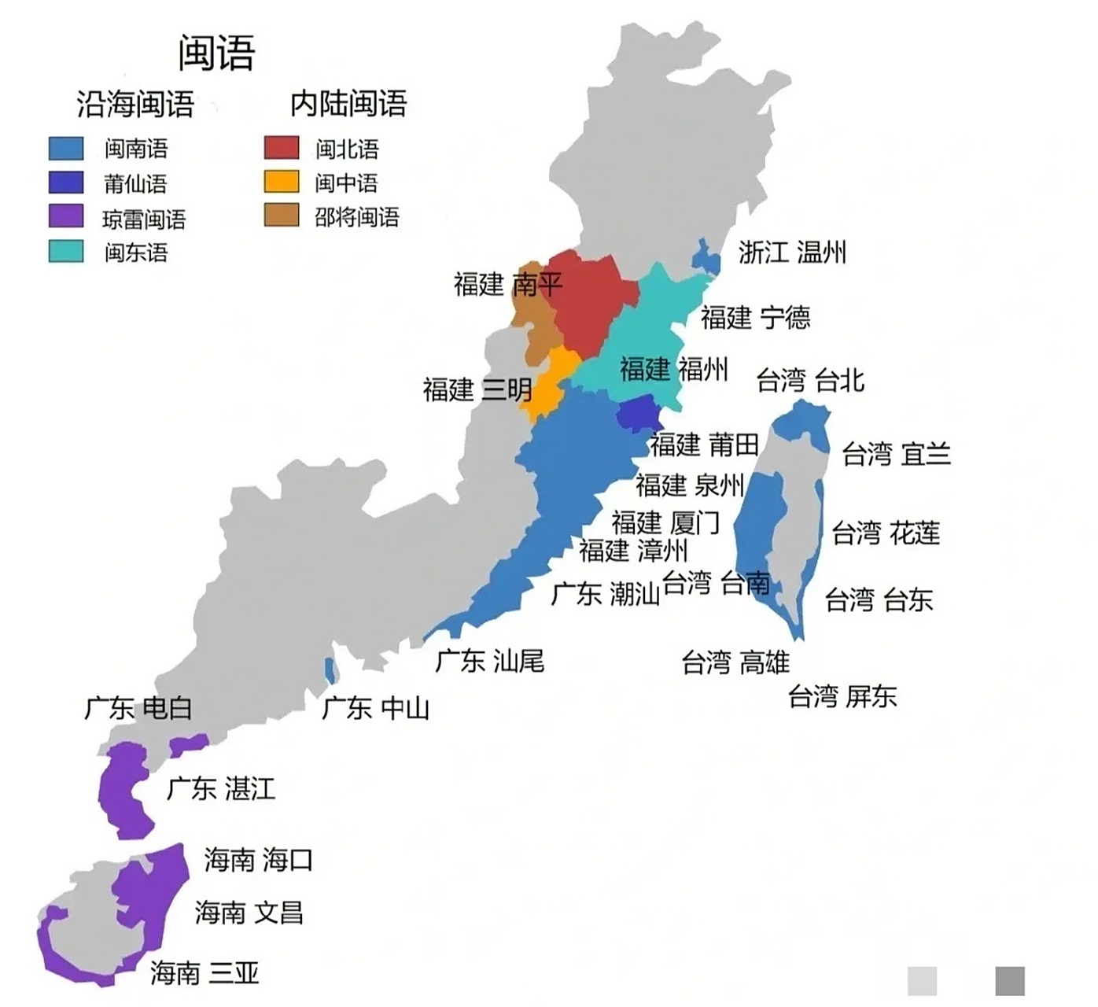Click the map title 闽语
[x=216, y=53]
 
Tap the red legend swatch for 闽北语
[x=281, y=148]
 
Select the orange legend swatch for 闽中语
[x=281, y=182]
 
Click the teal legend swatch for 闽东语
[x=66, y=251]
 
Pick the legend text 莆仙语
[x=135, y=184]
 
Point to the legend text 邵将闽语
[x=357, y=216]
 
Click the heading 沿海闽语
[x=135, y=104]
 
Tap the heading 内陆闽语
[x=348, y=103]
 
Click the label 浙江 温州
[x=792, y=253]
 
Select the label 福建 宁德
[x=755, y=317]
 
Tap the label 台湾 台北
[x=810, y=381]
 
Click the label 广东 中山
[x=376, y=708]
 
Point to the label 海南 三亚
[x=204, y=973]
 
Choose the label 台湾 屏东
[x=842, y=696]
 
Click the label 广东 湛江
[x=221, y=788]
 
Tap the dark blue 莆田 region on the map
[x=637, y=413]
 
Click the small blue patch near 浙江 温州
[x=706, y=257]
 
